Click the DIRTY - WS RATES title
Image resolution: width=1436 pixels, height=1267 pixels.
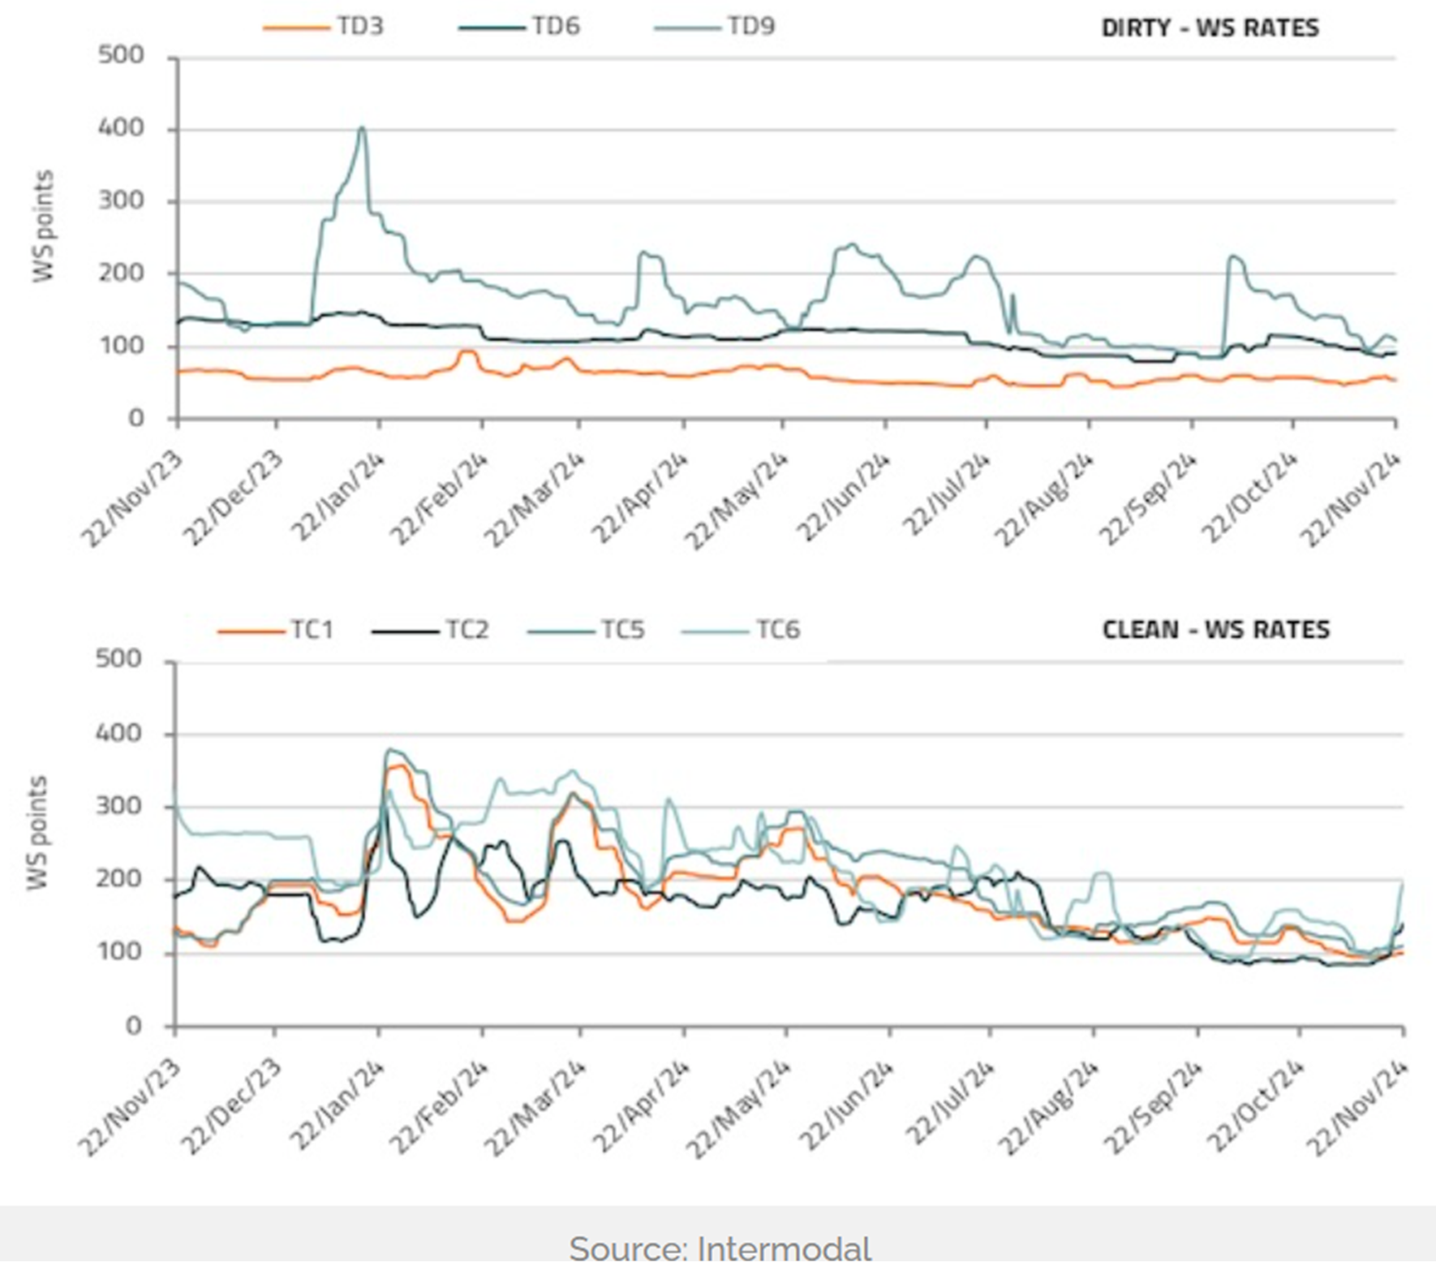pos(1210,28)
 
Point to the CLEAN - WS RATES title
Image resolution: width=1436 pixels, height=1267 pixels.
pos(1215,630)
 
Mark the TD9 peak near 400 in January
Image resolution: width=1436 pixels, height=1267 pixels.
pos(362,128)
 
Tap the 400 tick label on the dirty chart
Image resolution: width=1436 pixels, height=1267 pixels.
pos(121,128)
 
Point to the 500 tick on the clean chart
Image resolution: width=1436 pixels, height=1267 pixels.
pos(118,659)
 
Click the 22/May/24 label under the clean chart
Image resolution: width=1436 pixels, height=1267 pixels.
pos(737,1109)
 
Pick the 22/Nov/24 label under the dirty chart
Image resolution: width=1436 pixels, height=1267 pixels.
pos(1350,498)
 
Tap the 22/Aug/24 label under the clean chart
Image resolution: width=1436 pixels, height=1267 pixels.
pos(1046,1109)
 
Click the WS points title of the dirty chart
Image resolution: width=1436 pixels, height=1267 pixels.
pos(43,226)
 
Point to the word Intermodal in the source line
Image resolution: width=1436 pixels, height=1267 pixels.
pos(784,1248)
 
